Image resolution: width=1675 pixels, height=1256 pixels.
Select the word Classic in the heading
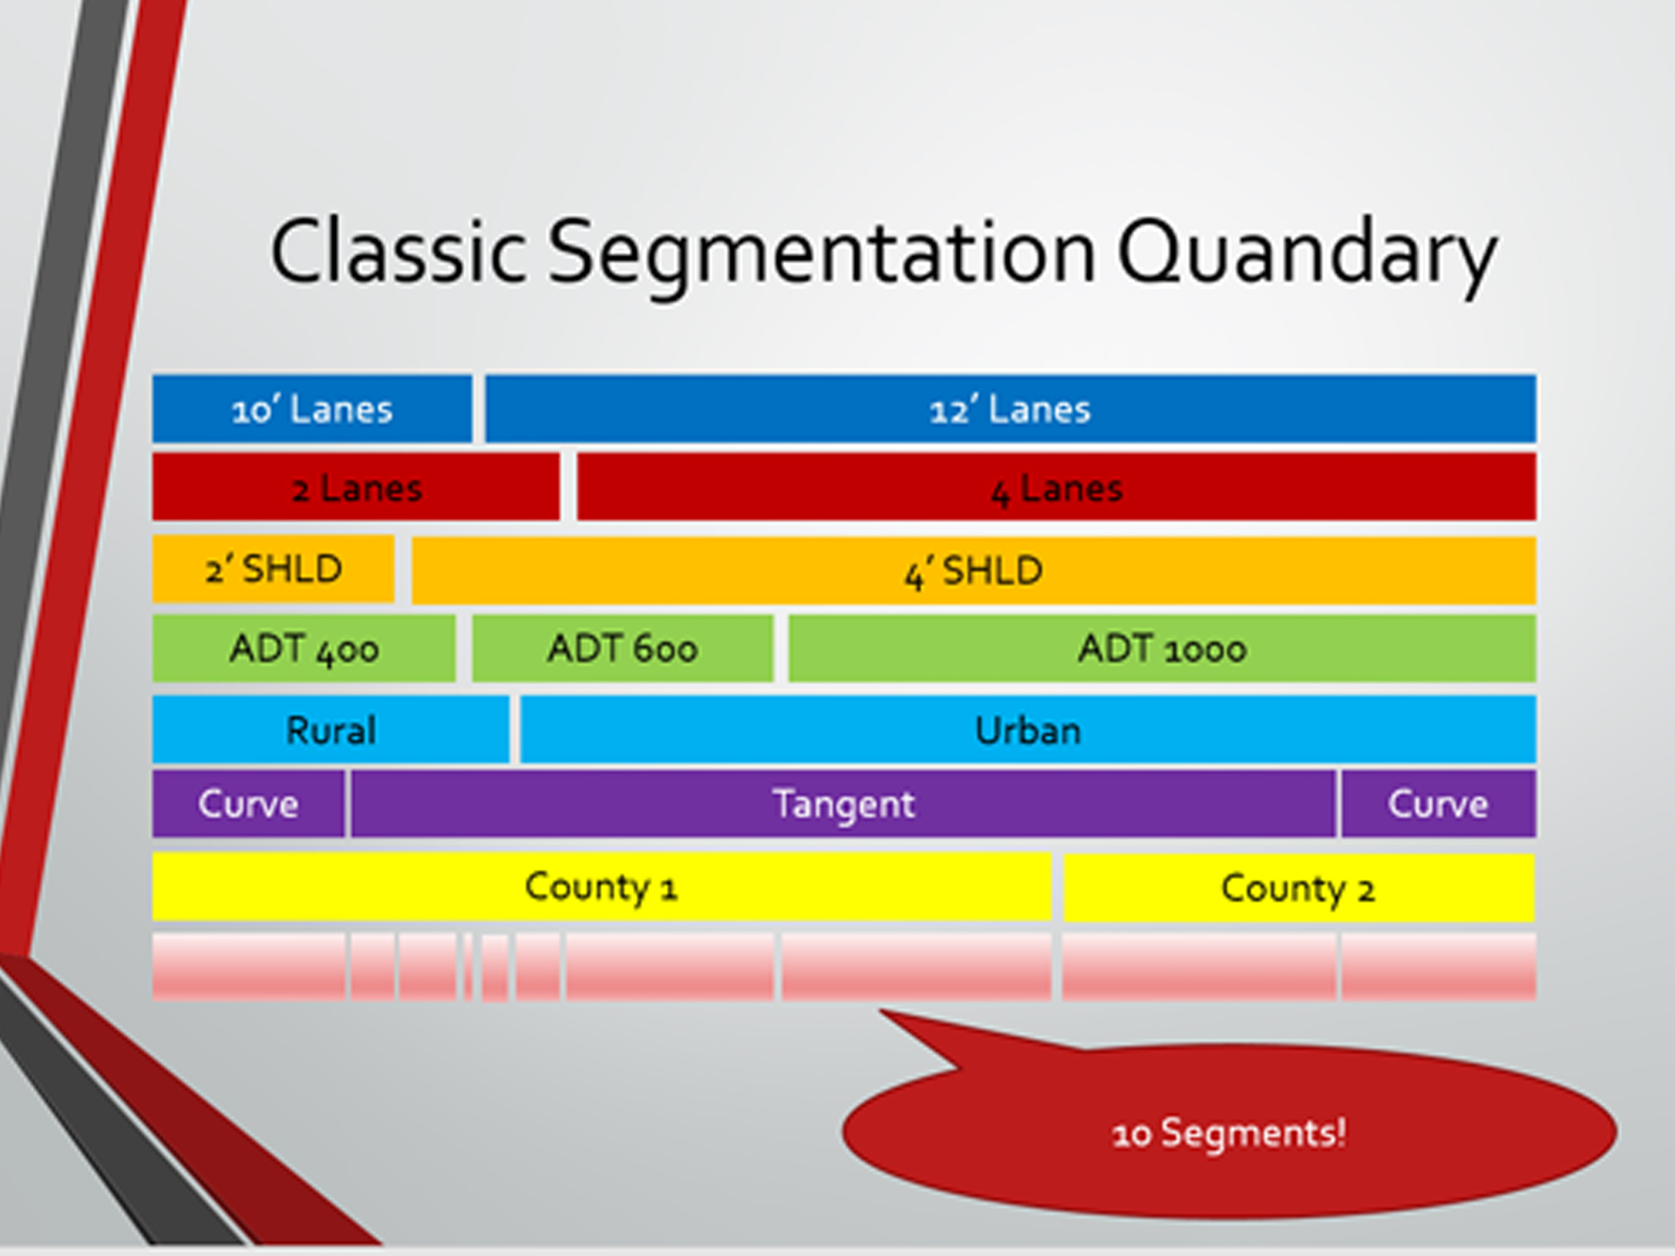[398, 251]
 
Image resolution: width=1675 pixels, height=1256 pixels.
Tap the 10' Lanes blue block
[312, 409]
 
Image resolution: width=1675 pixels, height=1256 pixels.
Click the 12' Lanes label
[1010, 409]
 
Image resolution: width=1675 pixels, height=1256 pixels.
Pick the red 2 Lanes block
[356, 488]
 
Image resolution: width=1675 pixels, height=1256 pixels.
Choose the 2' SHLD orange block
[273, 569]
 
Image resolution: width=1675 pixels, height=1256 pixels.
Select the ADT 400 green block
[304, 649]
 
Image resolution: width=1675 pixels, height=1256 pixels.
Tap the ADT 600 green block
[622, 649]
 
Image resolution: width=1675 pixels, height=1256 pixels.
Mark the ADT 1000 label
[1162, 649]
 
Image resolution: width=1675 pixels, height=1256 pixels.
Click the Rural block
[331, 730]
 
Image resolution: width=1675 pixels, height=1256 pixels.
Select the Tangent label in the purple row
[843, 805]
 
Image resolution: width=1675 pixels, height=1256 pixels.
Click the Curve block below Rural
[248, 805]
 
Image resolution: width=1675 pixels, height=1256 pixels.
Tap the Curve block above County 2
[1438, 805]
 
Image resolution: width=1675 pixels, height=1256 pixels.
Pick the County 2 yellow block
[1298, 888]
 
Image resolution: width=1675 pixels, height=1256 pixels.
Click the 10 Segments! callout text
[1229, 1134]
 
